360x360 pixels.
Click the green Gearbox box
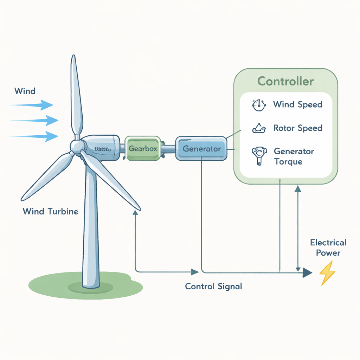click(143, 149)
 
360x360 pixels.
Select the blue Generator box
click(201, 149)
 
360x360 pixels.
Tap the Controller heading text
click(285, 81)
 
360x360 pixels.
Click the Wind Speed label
click(297, 104)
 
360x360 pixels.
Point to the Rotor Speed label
click(297, 128)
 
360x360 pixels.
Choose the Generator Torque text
click(294, 156)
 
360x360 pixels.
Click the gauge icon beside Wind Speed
click(258, 105)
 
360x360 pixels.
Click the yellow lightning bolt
click(327, 273)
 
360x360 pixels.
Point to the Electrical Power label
click(328, 247)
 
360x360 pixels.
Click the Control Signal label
click(213, 286)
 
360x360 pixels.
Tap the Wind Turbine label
click(50, 212)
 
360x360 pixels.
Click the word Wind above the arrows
click(25, 91)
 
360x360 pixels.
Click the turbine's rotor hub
click(76, 146)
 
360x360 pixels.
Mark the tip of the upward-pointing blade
click(73, 57)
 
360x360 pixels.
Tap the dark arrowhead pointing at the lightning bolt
click(307, 272)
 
